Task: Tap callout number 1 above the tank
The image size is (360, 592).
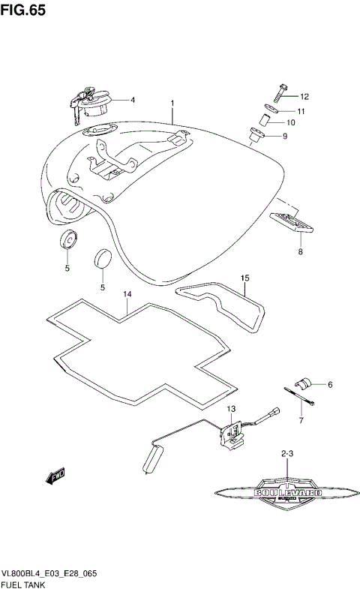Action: tap(172, 103)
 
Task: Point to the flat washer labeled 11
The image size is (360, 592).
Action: tap(267, 109)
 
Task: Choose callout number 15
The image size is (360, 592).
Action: tap(244, 278)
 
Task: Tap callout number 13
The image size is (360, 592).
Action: tap(232, 409)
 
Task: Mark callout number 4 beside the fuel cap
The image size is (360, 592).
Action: tap(132, 99)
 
